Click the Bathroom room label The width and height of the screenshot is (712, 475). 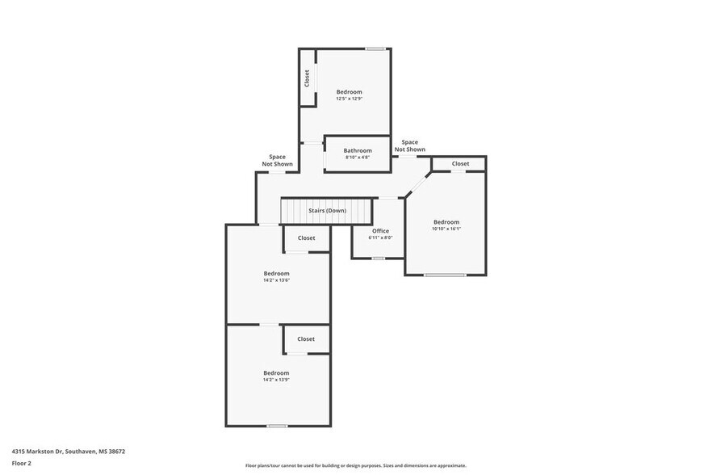[358, 150]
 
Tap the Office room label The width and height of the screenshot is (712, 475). [380, 231]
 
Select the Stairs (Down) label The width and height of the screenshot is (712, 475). [327, 211]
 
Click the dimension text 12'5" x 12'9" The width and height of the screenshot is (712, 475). [349, 99]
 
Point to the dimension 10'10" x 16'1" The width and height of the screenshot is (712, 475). [446, 229]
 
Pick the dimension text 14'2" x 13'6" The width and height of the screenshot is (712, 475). [276, 280]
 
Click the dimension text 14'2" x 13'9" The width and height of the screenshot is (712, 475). [276, 380]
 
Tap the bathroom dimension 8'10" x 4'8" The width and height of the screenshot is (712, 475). [358, 158]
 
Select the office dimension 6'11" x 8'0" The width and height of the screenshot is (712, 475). [380, 238]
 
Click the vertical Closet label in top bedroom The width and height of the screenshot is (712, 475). [307, 78]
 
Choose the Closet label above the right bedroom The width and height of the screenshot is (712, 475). [460, 164]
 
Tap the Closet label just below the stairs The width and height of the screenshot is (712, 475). [306, 238]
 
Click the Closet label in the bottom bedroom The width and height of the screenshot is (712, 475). [306, 339]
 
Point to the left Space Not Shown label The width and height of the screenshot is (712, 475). [277, 160]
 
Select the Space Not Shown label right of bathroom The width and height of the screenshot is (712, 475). [409, 145]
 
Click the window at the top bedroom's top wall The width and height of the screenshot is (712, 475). [375, 49]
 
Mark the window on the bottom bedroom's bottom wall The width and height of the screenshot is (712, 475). [277, 426]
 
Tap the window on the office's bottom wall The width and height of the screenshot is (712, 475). [378, 259]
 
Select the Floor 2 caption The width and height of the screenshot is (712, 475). [21, 463]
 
